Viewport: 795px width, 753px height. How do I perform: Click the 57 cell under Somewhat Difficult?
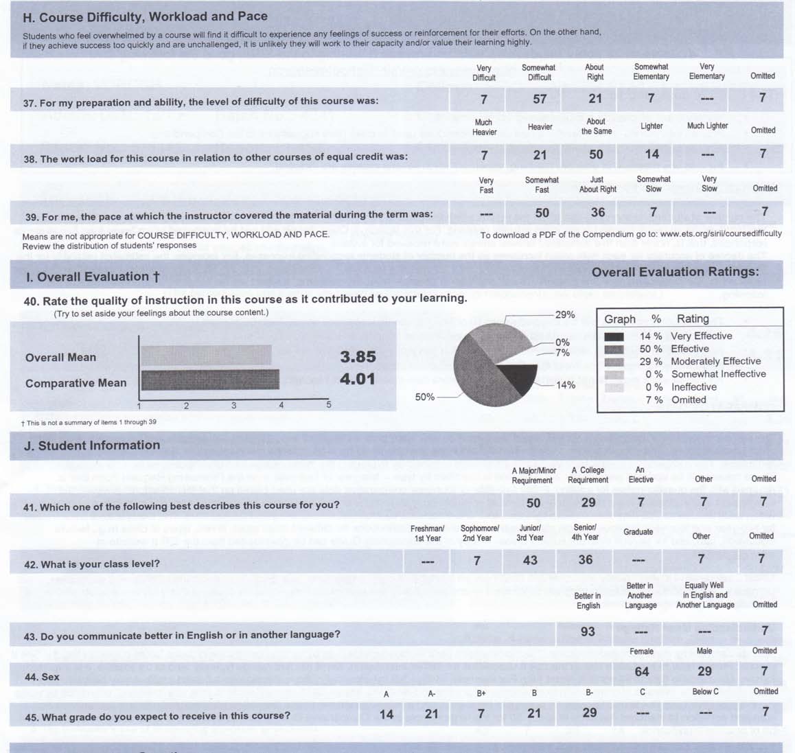coord(540,99)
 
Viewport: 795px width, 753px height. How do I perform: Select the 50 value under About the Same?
coord(596,155)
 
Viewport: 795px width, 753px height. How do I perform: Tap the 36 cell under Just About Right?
coord(598,212)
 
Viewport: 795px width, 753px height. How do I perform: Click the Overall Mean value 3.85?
coord(358,357)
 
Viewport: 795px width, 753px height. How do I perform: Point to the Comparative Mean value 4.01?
coord(358,379)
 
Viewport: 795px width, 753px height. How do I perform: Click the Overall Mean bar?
coord(206,355)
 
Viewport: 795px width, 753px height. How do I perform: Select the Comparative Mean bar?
coord(210,380)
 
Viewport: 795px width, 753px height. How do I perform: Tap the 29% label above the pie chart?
coord(565,315)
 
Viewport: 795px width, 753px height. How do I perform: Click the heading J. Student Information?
coord(92,445)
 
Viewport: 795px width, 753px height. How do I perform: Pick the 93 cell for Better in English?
coord(588,632)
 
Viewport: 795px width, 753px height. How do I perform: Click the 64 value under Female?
coord(642,671)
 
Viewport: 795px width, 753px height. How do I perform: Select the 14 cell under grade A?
coord(387,715)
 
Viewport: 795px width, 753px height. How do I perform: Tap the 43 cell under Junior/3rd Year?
coord(530,560)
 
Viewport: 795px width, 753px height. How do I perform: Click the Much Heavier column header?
coord(484,127)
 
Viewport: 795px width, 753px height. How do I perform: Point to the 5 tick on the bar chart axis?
coord(328,405)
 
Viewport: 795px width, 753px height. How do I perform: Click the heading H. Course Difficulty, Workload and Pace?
coord(146,16)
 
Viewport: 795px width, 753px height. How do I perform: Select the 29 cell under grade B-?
coord(589,713)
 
